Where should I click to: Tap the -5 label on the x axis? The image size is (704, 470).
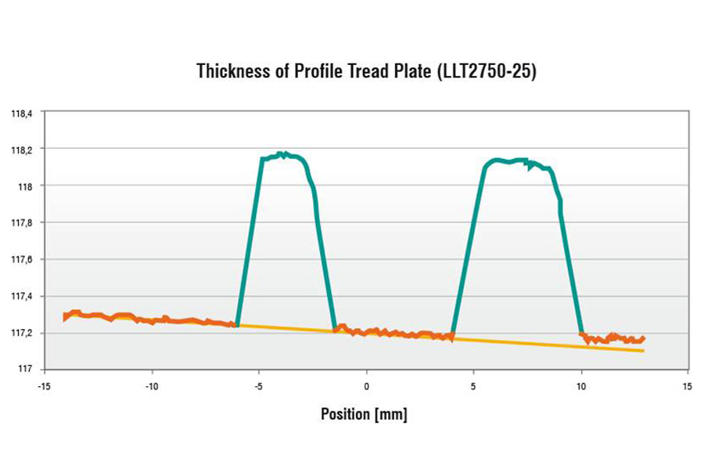pos(260,387)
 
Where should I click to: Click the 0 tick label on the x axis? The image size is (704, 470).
pos(366,387)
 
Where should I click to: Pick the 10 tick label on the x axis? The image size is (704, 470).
pos(580,387)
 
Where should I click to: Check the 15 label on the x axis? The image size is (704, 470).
pos(688,387)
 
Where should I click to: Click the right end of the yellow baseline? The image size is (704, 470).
pos(642,350)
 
